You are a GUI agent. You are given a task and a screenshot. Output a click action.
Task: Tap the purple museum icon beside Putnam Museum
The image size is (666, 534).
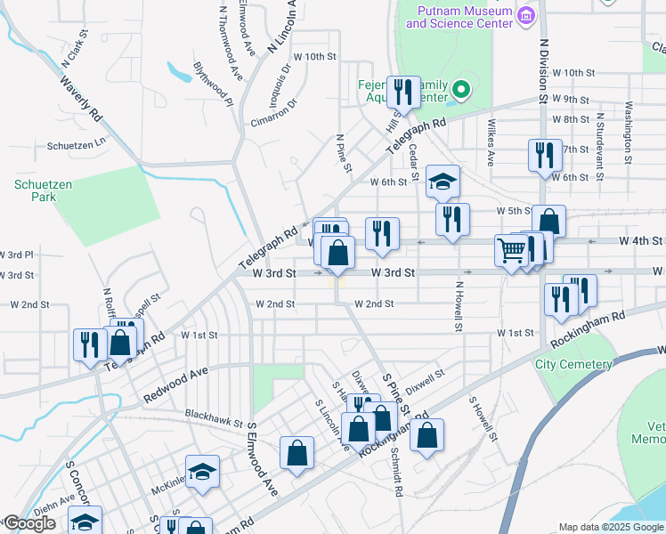tap(525, 15)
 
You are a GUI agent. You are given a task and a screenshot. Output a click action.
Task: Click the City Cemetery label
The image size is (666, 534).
tap(573, 365)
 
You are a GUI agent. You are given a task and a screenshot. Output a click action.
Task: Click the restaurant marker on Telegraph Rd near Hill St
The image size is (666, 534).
tap(403, 93)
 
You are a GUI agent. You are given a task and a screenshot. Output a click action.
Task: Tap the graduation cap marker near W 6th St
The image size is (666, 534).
tap(442, 182)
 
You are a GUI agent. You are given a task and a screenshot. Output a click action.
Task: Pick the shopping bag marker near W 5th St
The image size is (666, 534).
tap(548, 222)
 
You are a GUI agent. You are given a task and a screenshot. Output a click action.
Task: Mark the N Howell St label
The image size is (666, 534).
tap(459, 306)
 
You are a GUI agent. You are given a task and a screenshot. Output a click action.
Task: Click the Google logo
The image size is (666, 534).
tap(28, 523)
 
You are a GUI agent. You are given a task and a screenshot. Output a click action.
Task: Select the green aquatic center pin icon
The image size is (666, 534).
tap(460, 88)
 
